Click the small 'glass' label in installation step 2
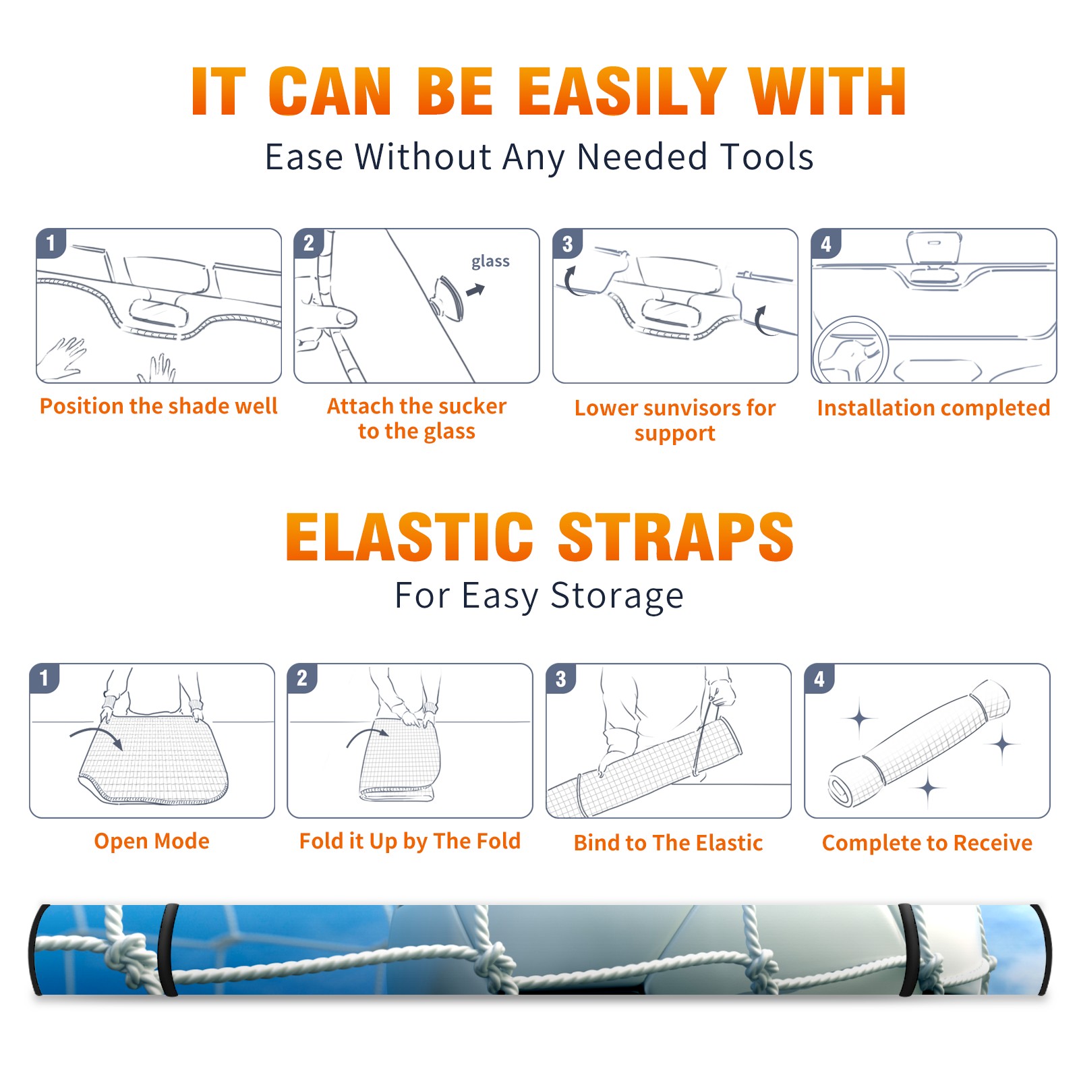point(490,262)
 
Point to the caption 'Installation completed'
point(933,407)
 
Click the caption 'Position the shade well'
point(158,406)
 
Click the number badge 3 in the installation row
point(567,243)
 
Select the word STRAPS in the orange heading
point(676,537)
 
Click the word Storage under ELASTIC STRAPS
point(617,596)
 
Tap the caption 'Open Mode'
point(152,841)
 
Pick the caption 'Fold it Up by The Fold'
point(410,841)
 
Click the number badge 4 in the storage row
point(819,678)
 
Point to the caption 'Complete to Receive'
point(927,843)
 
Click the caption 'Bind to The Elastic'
point(668,843)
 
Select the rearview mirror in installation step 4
point(933,247)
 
